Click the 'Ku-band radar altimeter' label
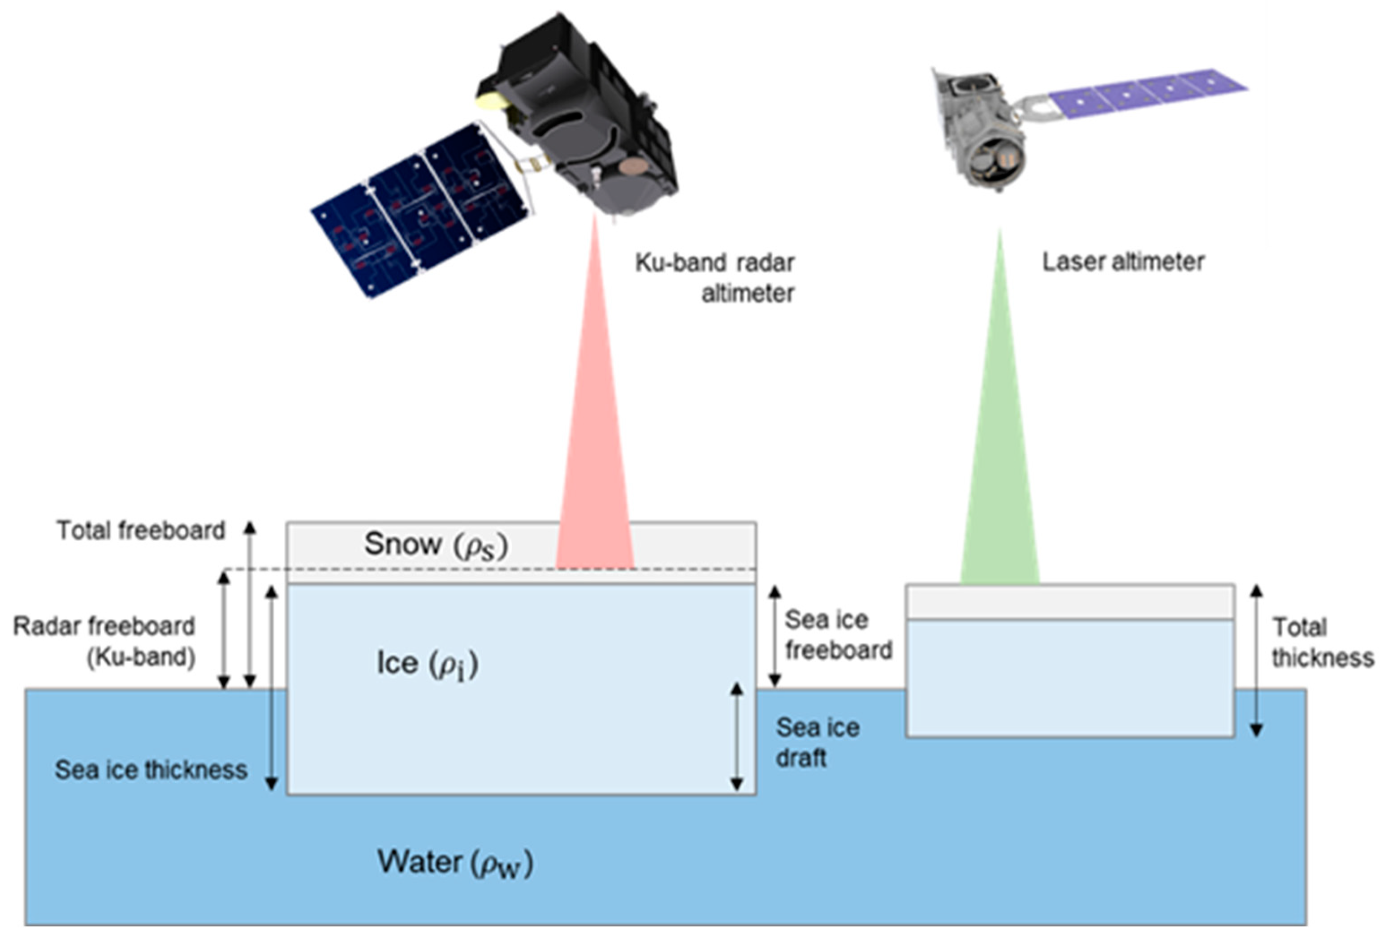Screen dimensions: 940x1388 tap(715, 278)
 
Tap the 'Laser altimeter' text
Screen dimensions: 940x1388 tap(1123, 262)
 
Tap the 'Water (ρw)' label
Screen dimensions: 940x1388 tap(454, 863)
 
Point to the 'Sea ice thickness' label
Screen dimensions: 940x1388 tap(151, 770)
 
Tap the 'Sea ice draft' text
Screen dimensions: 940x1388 tap(817, 742)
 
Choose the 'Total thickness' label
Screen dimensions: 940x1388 tap(1322, 642)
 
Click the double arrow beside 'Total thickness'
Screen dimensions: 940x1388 tap(1257, 660)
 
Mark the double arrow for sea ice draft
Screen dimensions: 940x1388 tap(737, 737)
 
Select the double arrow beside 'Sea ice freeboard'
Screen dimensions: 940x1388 tap(774, 636)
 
